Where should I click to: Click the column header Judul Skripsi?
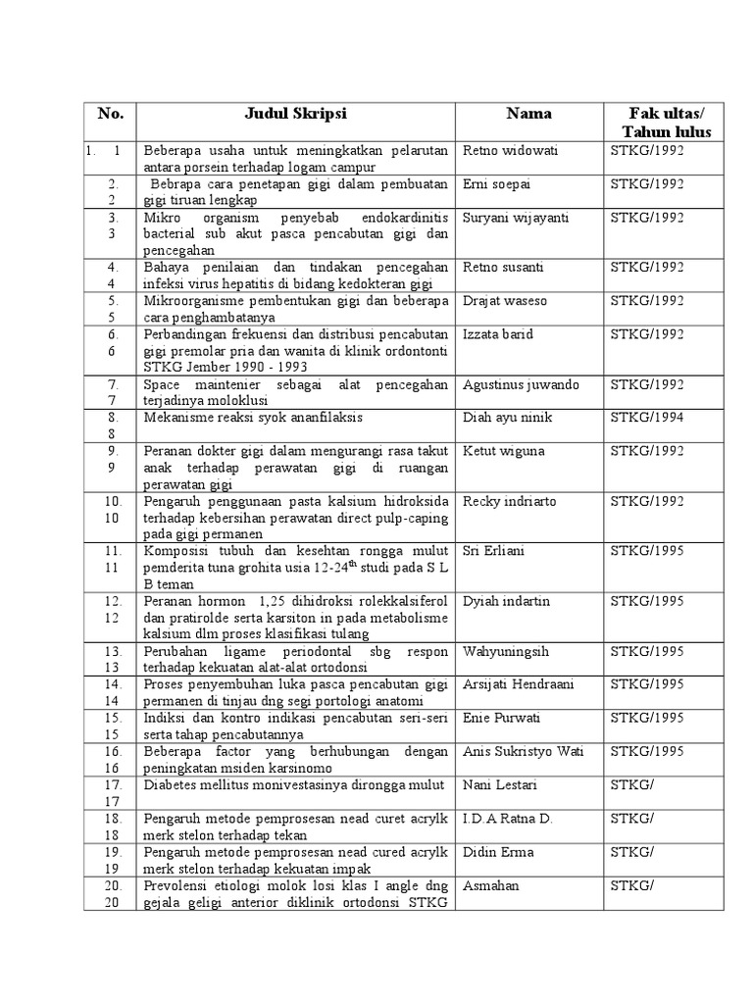[x=296, y=114]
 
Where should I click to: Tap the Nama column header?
[x=528, y=114]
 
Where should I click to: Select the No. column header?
[x=111, y=114]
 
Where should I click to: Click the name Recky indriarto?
[x=509, y=501]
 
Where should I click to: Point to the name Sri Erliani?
[x=493, y=551]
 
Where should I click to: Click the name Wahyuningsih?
[x=505, y=651]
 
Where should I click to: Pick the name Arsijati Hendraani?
[x=520, y=684]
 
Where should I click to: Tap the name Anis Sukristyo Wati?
[x=523, y=751]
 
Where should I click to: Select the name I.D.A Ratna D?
[x=506, y=818]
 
